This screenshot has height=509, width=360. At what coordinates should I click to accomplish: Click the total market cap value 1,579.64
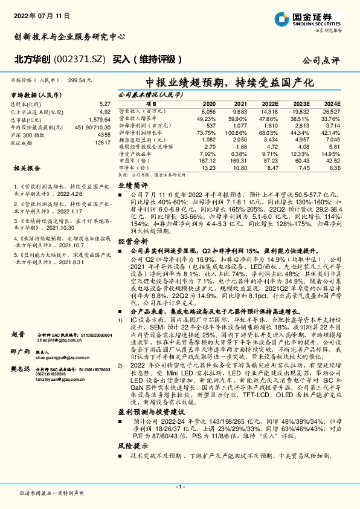click(100, 120)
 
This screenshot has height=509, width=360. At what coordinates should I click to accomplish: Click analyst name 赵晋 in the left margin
click(18, 334)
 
